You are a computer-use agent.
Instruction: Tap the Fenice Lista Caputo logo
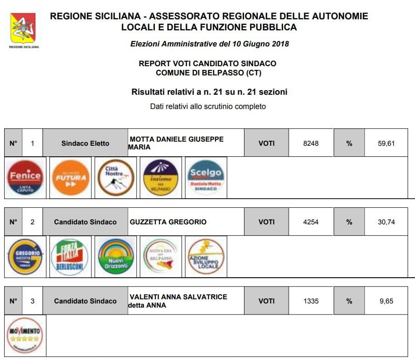tap(26, 177)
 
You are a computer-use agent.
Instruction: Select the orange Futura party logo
tap(71, 177)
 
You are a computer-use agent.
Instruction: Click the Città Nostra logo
tap(116, 177)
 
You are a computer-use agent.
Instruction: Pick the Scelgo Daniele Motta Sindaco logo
tap(206, 177)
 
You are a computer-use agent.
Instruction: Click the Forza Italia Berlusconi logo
tap(70, 257)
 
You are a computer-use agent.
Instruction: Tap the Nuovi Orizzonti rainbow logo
tap(116, 257)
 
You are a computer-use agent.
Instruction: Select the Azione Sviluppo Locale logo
tap(206, 257)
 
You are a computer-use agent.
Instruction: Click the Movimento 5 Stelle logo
tap(25, 335)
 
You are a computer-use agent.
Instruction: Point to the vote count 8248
tap(311, 143)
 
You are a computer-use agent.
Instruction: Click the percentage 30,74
tap(386, 222)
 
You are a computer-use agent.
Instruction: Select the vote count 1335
tap(311, 301)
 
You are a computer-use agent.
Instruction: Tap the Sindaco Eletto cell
tap(85, 143)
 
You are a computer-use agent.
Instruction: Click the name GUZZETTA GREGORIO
tap(168, 222)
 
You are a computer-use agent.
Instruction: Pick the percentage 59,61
tap(386, 143)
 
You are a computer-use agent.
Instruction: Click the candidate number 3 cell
tap(32, 301)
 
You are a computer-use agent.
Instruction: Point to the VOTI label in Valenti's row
tap(267, 301)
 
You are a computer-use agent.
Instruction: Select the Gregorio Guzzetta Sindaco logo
tap(26, 257)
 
